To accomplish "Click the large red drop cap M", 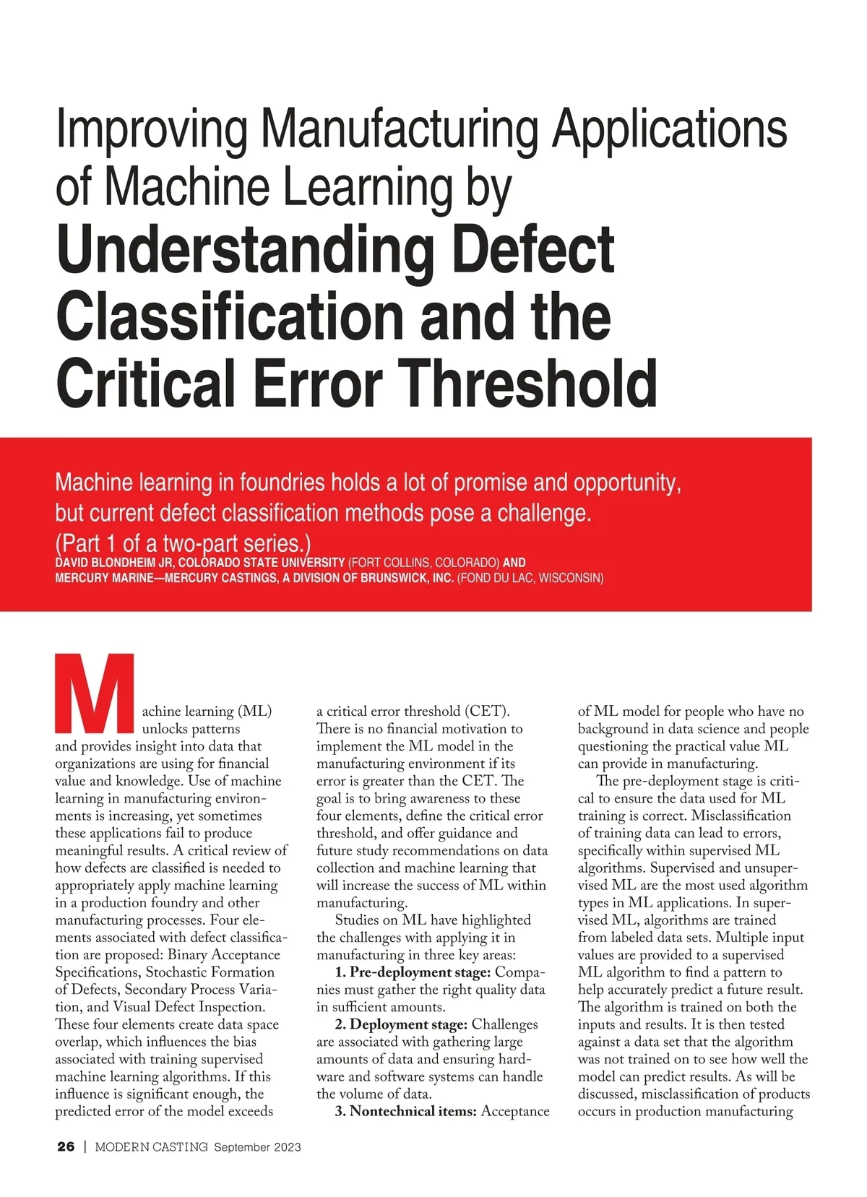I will point(94,693).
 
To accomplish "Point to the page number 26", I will point(66,1146).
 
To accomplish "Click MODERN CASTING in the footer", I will point(152,1146).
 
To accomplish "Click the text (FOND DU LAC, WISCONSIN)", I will point(530,578).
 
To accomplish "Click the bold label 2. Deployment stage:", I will point(401,1024).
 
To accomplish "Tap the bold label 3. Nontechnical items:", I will point(405,1111).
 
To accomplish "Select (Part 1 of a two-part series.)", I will point(183,543).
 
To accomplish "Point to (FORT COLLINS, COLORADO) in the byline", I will point(423,563).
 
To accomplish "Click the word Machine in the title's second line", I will point(191,186).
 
